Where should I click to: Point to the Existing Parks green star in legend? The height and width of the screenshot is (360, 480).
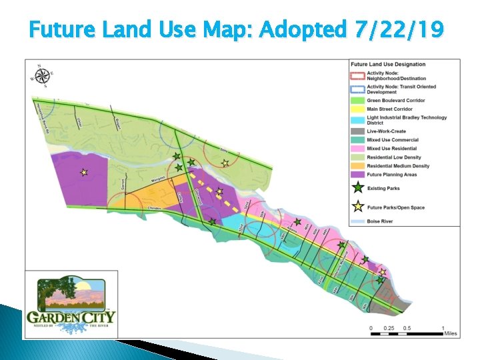pyautogui.click(x=358, y=189)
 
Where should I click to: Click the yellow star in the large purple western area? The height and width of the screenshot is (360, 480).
pyautogui.click(x=84, y=172)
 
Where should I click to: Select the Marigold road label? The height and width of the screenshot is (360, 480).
pyautogui.click(x=158, y=181)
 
